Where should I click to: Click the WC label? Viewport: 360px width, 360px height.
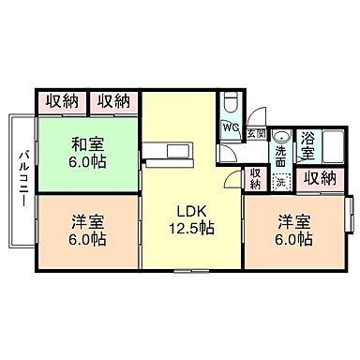pyautogui.click(x=231, y=127)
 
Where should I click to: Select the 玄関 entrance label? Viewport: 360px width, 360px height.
pyautogui.click(x=256, y=134)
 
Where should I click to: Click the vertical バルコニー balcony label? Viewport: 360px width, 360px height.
pyautogui.click(x=21, y=179)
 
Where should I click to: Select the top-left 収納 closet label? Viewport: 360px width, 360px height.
pyautogui.click(x=60, y=101)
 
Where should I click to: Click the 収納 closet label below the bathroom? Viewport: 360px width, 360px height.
pyautogui.click(x=320, y=177)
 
